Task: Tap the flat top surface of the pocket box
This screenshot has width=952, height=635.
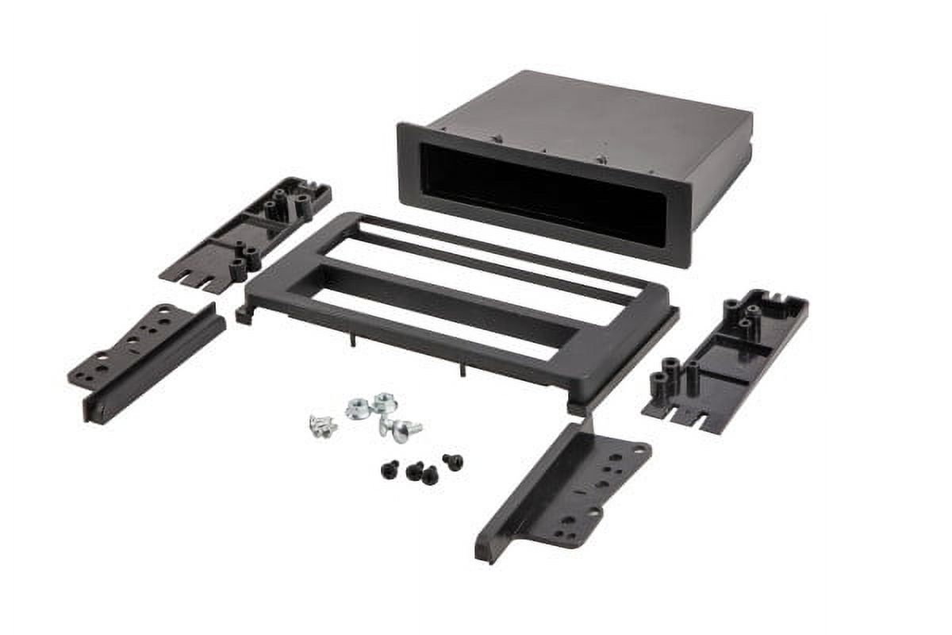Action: [587, 119]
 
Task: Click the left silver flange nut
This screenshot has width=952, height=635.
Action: [358, 410]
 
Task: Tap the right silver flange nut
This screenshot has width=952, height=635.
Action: [385, 402]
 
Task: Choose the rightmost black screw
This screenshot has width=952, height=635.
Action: [453, 460]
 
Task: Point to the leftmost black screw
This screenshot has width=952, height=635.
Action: [390, 470]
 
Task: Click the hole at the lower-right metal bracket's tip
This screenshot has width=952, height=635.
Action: [639, 449]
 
